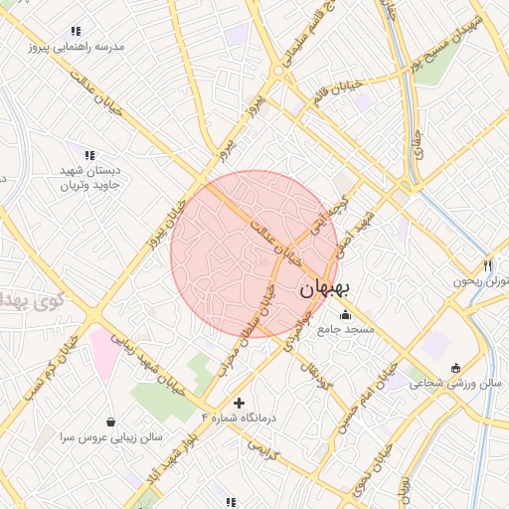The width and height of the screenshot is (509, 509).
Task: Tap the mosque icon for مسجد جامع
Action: point(345,315)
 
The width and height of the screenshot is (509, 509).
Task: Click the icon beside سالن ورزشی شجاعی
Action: point(455,368)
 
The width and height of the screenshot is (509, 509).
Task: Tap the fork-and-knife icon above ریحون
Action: point(487,265)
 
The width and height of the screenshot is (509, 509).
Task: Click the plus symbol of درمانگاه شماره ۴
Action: point(238,403)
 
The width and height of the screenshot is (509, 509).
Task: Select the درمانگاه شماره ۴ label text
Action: point(239,418)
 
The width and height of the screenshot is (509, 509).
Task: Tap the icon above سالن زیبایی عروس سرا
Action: point(109,422)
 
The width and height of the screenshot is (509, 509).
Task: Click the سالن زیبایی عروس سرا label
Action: point(109,436)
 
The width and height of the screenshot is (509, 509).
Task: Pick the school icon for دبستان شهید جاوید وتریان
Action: point(90,156)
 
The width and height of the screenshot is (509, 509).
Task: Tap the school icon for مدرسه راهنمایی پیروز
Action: point(78,32)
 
